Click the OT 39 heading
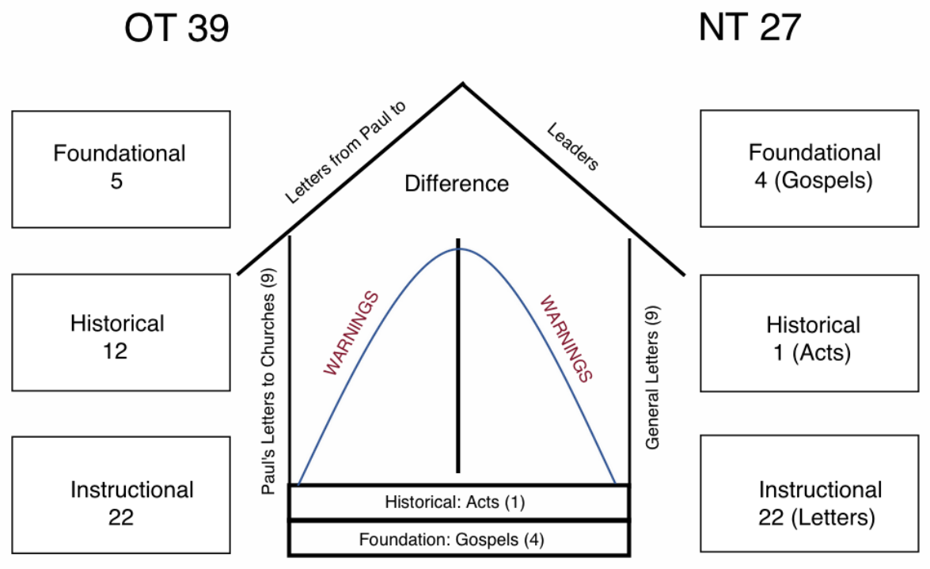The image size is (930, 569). pos(177,29)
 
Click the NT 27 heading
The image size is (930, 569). pos(750,29)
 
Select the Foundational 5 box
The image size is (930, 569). pos(120,169)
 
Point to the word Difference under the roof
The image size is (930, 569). pos(457,184)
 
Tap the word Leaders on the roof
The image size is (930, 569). pos(572,148)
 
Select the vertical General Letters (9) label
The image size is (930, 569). pos(653,376)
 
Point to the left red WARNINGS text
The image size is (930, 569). pos(351,332)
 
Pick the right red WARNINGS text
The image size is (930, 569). pos(565,339)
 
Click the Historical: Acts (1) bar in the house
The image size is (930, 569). pos(455,502)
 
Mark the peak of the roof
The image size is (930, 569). pos(463,83)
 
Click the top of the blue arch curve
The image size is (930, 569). pos(457,249)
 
